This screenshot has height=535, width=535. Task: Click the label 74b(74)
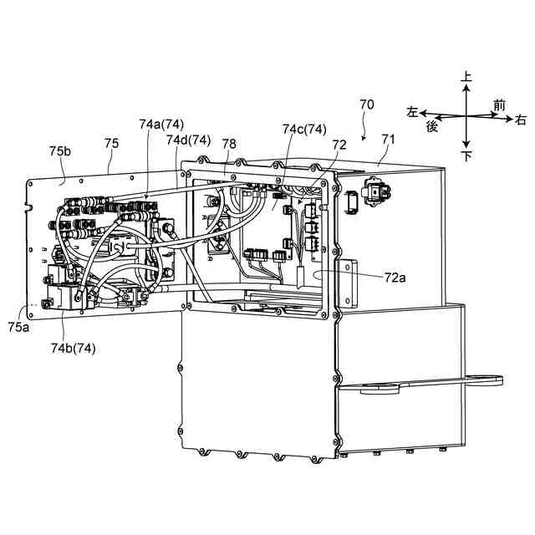coord(73,349)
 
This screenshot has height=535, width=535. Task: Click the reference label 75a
coord(18,329)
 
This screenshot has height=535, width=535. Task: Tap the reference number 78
coord(229,144)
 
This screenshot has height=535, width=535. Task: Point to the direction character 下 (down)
coord(466,156)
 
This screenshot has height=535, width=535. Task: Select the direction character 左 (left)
coord(412,111)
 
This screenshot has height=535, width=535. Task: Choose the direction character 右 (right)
coord(520,120)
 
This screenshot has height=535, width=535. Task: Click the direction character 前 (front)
coord(499,104)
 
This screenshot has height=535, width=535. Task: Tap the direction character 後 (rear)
coord(432,125)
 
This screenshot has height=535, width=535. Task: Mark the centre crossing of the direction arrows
coord(466,116)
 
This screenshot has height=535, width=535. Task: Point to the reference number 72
coord(339,144)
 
